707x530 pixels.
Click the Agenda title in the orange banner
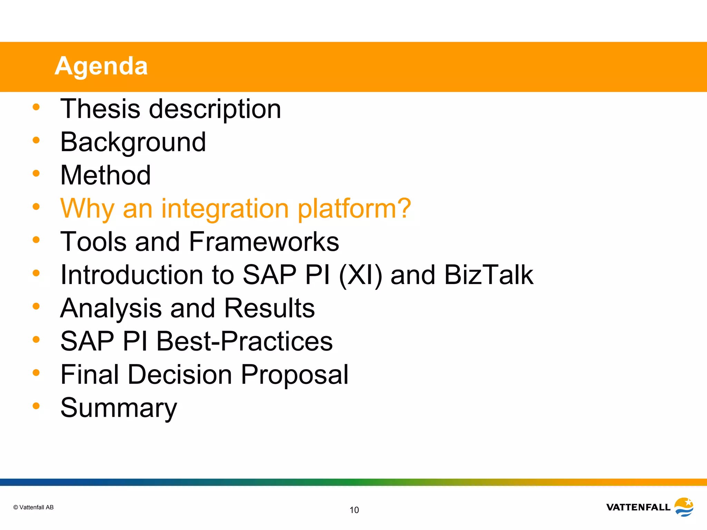[x=101, y=66]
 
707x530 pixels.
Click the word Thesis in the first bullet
[x=100, y=109]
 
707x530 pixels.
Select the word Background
[x=133, y=142]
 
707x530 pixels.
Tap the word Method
[x=105, y=175]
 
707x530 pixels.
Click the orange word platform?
[x=354, y=209]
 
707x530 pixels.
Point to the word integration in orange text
[x=225, y=209]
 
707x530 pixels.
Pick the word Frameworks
[x=264, y=242]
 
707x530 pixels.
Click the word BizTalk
[x=488, y=275]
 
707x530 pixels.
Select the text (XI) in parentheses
[x=360, y=275]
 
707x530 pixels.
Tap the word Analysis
[x=111, y=308]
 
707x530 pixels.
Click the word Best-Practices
[x=244, y=341]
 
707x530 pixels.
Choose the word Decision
[x=180, y=375]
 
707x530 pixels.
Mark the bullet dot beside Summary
[x=36, y=406]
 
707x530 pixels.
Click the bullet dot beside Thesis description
[x=36, y=107]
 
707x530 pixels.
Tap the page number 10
[x=354, y=510]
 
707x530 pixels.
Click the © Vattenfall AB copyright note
[x=33, y=507]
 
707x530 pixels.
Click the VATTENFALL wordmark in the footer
[x=638, y=507]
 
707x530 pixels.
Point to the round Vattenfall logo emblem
[x=684, y=507]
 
